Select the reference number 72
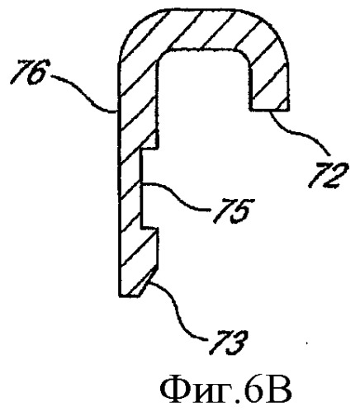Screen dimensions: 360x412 328,176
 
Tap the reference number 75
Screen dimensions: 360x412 230,209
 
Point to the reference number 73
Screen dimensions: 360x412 227,341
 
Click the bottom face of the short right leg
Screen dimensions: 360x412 269,110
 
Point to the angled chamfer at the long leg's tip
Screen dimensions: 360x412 149,281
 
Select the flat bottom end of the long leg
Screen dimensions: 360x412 130,296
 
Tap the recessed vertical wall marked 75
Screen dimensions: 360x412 142,187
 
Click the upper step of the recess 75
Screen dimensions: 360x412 150,148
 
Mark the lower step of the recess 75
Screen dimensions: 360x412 150,228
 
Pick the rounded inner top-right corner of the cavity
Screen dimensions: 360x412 245,57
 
